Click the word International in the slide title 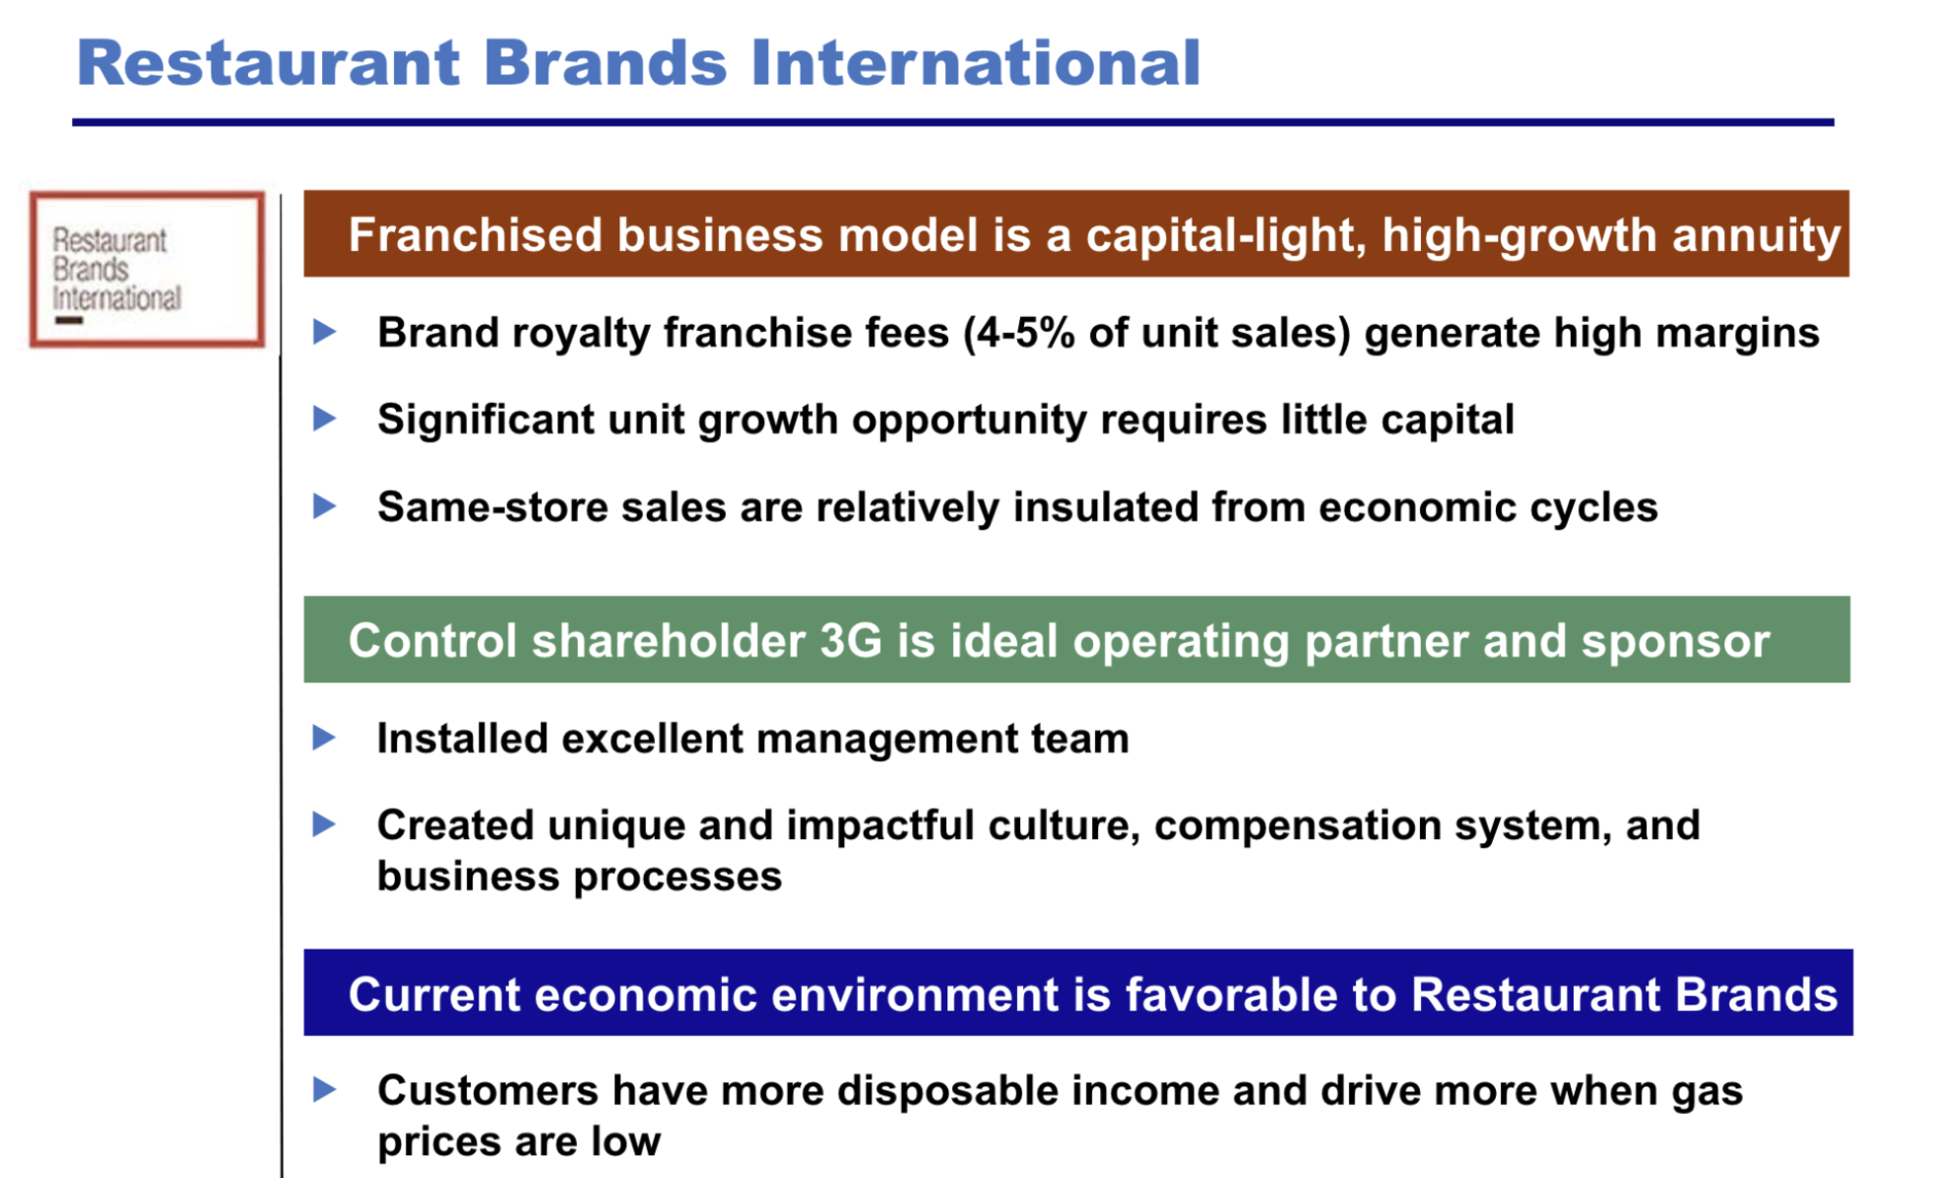975,62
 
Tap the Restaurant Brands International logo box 147,269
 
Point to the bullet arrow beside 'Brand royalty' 324,332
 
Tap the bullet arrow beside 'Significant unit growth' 324,419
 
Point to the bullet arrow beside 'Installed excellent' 324,738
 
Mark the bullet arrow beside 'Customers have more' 324,1089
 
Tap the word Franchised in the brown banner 475,235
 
